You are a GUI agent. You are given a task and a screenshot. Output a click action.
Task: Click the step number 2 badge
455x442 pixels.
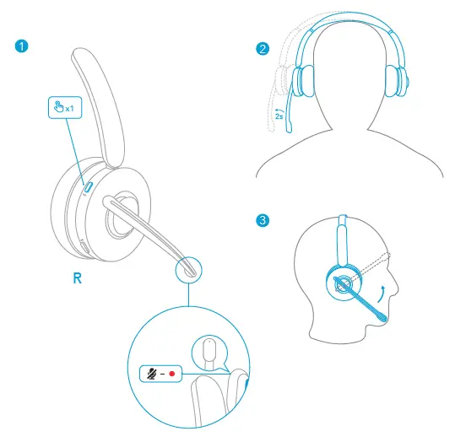pyautogui.click(x=263, y=49)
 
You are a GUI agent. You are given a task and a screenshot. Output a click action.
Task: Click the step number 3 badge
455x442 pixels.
pyautogui.click(x=263, y=221)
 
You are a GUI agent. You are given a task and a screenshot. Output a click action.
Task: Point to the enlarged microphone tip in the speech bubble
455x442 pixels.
pyautogui.click(x=209, y=351)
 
